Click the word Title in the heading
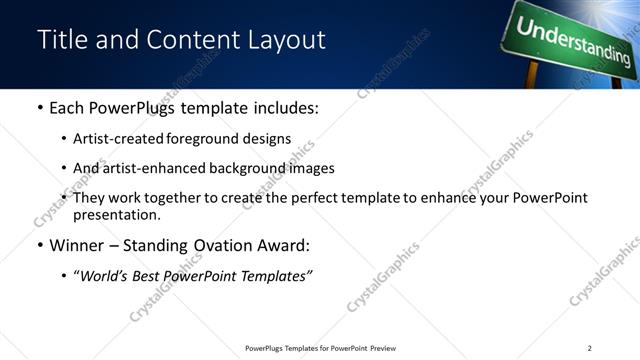60,40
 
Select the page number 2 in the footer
590,348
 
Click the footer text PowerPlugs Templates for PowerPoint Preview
320,348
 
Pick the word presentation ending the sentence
116,214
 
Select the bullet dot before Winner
39,244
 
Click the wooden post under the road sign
532,76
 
